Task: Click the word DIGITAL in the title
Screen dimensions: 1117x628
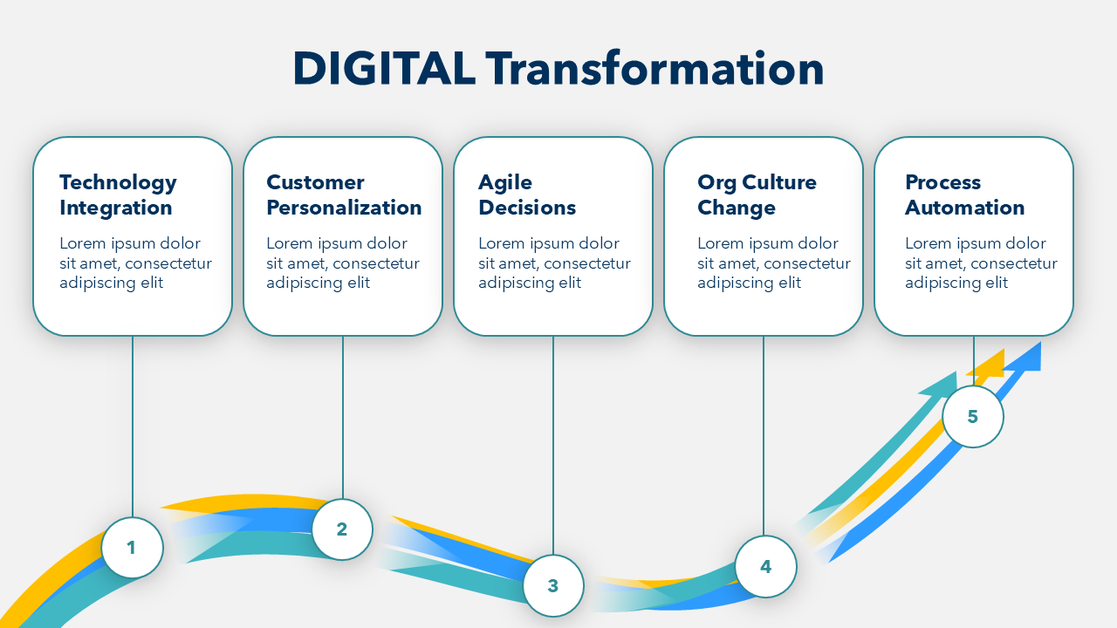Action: (384, 69)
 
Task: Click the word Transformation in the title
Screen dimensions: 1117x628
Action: (654, 69)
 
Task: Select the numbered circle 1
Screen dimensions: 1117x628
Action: (132, 547)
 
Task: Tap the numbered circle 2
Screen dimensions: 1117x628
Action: (342, 529)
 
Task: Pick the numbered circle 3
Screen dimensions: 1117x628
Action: (553, 585)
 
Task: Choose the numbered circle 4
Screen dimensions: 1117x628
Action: (765, 566)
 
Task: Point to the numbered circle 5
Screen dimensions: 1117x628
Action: (973, 416)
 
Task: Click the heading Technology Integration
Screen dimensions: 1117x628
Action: (118, 195)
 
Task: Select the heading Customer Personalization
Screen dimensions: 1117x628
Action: (344, 195)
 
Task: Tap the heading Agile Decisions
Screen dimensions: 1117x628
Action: (527, 195)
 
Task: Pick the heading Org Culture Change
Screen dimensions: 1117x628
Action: (757, 195)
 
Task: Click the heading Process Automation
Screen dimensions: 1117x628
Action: (965, 195)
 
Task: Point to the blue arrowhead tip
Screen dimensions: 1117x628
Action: (1041, 342)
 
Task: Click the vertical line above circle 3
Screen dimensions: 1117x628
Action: (553, 446)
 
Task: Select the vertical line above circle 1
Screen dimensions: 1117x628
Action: (133, 427)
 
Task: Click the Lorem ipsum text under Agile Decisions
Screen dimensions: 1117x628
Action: (554, 263)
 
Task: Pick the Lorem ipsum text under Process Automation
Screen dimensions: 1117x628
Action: (981, 263)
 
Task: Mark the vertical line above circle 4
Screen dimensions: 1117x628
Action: (764, 436)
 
